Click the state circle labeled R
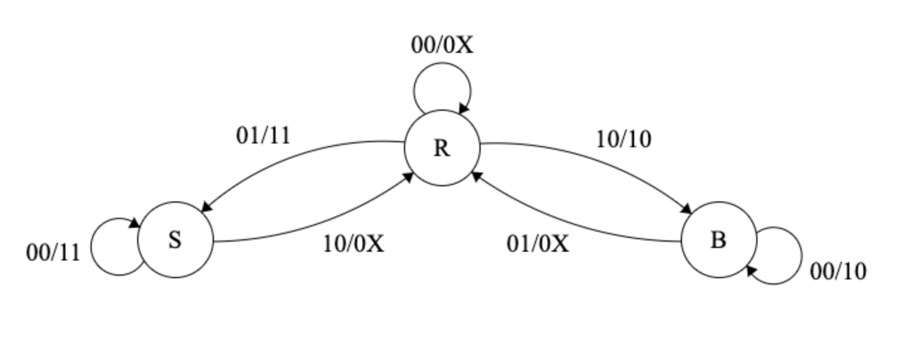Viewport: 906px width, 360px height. [x=442, y=148]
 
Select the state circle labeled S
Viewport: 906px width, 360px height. [x=176, y=240]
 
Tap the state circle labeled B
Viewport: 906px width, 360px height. [x=719, y=240]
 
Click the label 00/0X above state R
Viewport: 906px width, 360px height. [x=442, y=45]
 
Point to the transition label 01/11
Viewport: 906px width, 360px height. [x=264, y=135]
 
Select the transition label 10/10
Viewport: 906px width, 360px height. [x=624, y=139]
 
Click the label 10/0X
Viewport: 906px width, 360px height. [x=354, y=243]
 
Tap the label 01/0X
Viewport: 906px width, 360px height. [x=538, y=243]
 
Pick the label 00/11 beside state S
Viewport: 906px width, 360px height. [x=53, y=252]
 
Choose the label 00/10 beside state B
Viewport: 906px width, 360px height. [x=838, y=271]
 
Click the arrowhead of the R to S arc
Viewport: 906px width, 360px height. [x=204, y=207]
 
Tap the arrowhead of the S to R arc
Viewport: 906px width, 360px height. [x=408, y=177]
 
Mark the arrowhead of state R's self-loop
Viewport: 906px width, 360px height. [x=464, y=110]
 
